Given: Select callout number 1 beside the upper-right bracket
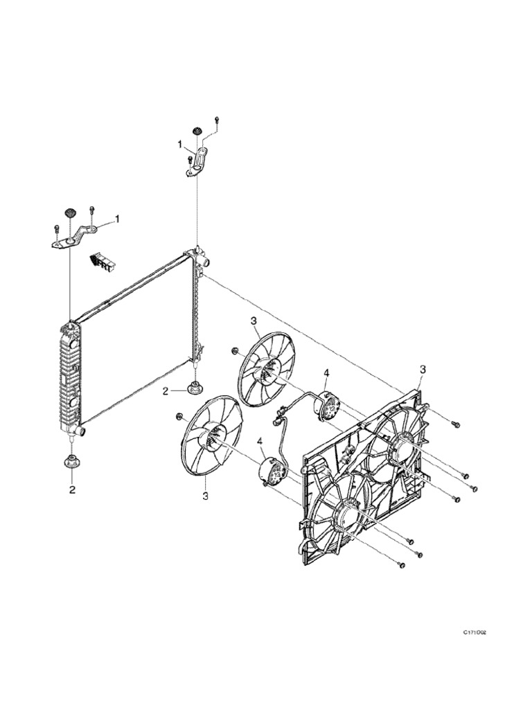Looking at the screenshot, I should [x=180, y=145].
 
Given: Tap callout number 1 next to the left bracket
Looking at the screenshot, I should [x=117, y=219].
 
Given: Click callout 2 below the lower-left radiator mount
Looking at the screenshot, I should [x=71, y=490].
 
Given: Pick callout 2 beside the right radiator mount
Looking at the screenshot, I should [x=166, y=391].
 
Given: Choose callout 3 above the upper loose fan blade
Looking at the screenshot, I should [x=254, y=321].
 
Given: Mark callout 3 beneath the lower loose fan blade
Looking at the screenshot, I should [x=205, y=496].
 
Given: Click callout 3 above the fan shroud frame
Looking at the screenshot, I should [x=423, y=370].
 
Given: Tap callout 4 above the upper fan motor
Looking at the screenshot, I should [x=326, y=373].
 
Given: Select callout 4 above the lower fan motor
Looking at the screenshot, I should [x=260, y=441].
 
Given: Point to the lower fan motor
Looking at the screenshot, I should [x=272, y=472].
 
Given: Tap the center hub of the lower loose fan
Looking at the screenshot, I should [x=211, y=437].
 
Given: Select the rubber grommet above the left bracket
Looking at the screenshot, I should [x=70, y=211].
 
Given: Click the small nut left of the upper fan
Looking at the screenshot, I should [x=235, y=351].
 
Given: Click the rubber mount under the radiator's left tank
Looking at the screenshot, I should [x=71, y=463].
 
